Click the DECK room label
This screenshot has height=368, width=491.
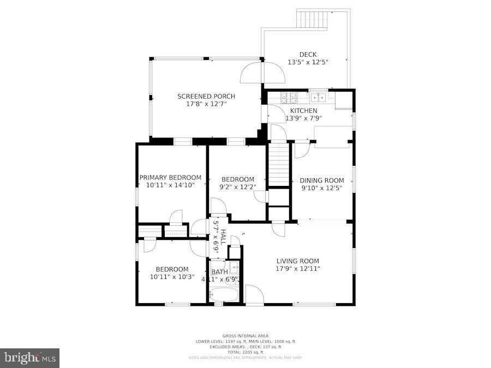click(307, 55)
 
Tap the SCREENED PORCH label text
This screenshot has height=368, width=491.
click(202, 96)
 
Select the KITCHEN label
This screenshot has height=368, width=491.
click(303, 111)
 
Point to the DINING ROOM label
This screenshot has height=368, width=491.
click(323, 180)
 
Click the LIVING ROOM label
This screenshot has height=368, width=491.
click(297, 261)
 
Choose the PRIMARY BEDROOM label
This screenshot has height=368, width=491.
click(170, 178)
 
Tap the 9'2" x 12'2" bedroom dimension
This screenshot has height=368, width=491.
click(238, 187)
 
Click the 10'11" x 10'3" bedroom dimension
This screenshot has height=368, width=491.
click(172, 276)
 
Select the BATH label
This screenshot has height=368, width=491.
click(219, 272)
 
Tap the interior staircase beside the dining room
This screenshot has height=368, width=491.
click(278, 164)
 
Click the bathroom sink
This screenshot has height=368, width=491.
click(233, 268)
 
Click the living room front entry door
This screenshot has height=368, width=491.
click(254, 295)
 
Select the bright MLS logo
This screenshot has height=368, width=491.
click(30, 358)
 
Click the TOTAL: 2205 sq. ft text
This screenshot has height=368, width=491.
click(245, 352)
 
